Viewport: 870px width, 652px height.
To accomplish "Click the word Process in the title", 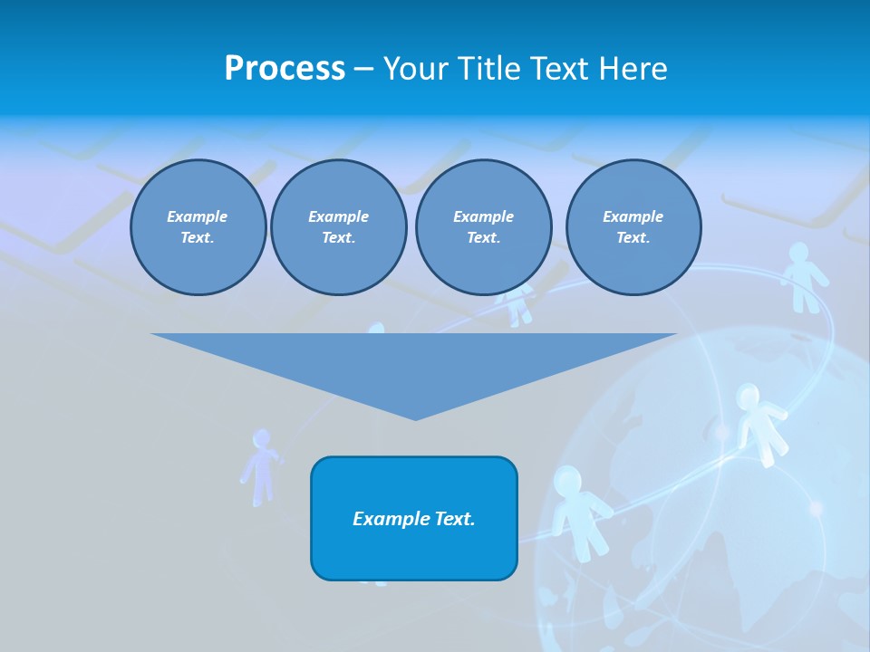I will click(285, 69).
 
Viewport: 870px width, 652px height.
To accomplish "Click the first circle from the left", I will click(198, 227).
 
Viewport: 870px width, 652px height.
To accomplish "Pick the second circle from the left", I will click(338, 227).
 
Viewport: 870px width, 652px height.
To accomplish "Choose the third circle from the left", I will click(483, 227).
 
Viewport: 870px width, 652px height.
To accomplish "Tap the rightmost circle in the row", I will click(633, 227).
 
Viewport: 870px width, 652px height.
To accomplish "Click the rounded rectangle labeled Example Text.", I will click(414, 518).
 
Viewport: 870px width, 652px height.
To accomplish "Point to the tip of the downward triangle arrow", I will click(415, 418).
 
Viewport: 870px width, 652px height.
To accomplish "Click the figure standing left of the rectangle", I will click(261, 465).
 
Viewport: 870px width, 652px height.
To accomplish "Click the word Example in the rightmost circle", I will click(633, 216).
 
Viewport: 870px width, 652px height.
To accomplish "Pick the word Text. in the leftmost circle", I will click(198, 238).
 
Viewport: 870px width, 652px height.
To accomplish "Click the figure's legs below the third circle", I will click(518, 312).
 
